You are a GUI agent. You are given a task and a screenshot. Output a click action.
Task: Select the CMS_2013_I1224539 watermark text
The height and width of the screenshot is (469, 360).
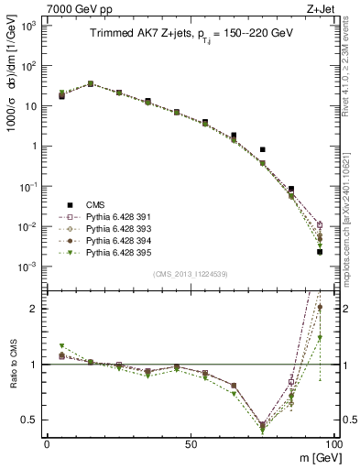pos(190,273)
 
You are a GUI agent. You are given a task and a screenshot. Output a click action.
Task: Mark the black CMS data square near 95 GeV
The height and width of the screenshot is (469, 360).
pos(320,251)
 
